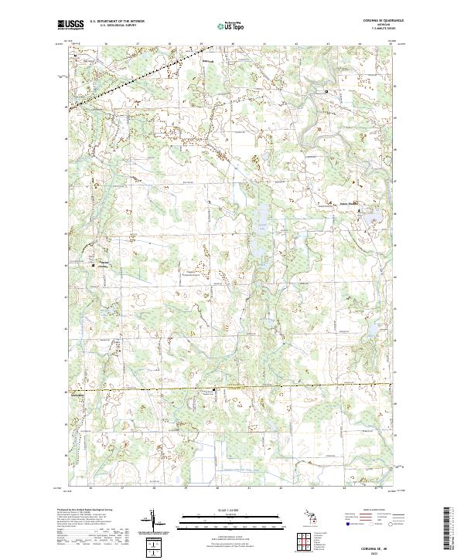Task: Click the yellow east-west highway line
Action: click(x=232, y=387)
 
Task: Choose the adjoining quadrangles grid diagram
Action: click(x=302, y=540)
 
